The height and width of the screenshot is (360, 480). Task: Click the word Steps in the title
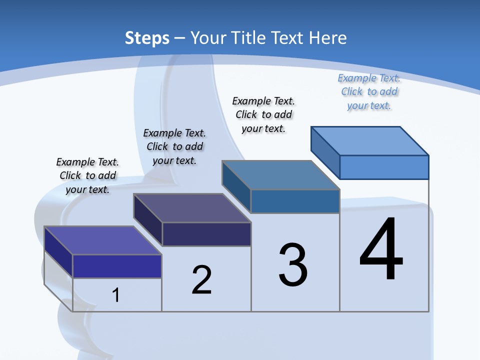pyautogui.click(x=147, y=38)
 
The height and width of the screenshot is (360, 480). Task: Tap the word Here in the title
pyautogui.click(x=328, y=38)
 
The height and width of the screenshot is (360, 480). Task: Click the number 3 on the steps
pyautogui.click(x=293, y=265)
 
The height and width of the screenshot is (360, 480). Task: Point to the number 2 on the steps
pyautogui.click(x=201, y=280)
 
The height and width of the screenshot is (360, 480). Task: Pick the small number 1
pyautogui.click(x=116, y=295)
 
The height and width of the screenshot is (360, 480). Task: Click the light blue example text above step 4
pyautogui.click(x=369, y=91)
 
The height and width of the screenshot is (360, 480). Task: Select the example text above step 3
pyautogui.click(x=264, y=114)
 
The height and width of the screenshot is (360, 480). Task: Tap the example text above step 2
pyautogui.click(x=174, y=146)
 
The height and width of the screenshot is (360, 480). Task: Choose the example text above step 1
pyautogui.click(x=87, y=175)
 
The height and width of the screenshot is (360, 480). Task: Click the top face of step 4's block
pyautogui.click(x=370, y=140)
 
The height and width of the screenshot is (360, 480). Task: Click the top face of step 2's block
pyautogui.click(x=192, y=208)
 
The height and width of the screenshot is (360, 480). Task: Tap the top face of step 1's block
pyautogui.click(x=103, y=240)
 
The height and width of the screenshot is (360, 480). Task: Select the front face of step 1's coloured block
pyautogui.click(x=117, y=266)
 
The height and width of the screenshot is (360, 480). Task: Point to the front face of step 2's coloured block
pyautogui.click(x=206, y=234)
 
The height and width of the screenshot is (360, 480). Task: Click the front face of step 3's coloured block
pyautogui.click(x=295, y=201)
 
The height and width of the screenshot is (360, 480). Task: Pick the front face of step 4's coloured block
pyautogui.click(x=384, y=167)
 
